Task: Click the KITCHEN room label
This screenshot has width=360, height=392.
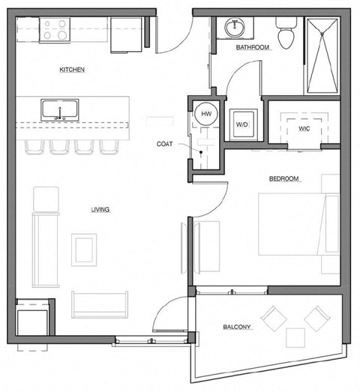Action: [73, 70]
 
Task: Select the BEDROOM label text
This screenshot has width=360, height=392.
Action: [284, 178]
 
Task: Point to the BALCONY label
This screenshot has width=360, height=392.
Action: [237, 328]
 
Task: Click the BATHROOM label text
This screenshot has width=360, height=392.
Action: [252, 47]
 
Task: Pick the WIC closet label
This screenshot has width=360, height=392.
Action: [304, 129]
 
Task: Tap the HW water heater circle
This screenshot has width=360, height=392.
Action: [204, 114]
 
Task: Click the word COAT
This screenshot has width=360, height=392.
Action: [166, 143]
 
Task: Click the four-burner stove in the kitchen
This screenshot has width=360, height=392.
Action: [55, 30]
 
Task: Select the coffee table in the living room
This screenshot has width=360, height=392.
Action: [84, 247]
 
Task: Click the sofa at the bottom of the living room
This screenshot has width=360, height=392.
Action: [100, 304]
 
